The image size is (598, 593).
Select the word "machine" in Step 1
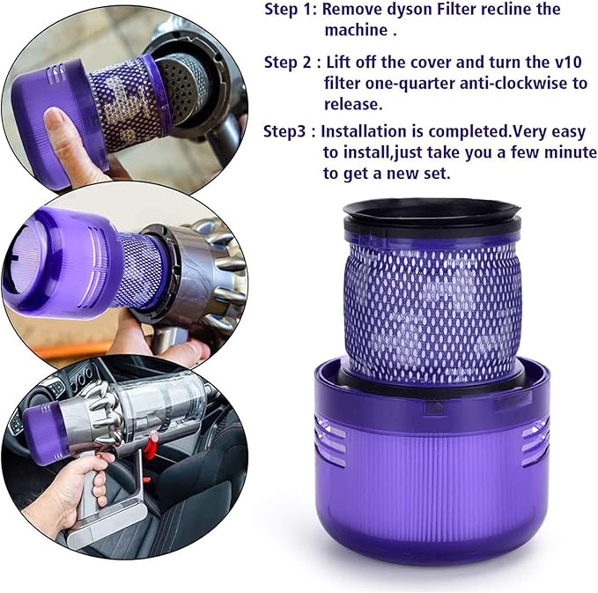click(x=351, y=31)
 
